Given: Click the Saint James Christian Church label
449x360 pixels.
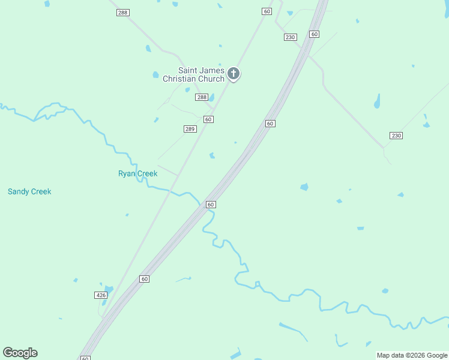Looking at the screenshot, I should [x=193, y=74].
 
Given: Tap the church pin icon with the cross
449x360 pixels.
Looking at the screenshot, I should [x=234, y=74].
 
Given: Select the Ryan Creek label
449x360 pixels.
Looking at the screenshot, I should [x=137, y=173].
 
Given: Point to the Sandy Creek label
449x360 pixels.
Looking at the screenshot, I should [x=29, y=191].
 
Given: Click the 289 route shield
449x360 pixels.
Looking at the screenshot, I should [x=190, y=129].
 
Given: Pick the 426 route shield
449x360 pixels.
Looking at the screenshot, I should [x=101, y=295].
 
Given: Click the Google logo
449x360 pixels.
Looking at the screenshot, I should [x=20, y=352].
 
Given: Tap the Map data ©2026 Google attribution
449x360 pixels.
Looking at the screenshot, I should [x=412, y=355].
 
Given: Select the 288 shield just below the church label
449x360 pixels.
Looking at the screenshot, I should [x=202, y=97].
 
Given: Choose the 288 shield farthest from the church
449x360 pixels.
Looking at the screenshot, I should [x=123, y=12].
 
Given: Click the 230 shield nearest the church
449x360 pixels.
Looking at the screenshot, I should [x=291, y=37].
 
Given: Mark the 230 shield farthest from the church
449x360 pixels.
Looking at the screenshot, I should [x=396, y=136].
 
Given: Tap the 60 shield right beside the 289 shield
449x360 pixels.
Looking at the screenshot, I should [x=208, y=119].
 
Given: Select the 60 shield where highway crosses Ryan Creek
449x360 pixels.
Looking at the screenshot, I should [x=211, y=205].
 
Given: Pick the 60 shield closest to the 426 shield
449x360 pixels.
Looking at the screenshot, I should [x=145, y=279].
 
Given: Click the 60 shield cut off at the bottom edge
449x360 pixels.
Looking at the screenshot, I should [x=85, y=358].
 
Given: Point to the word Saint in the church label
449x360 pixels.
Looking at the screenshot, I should [x=188, y=70].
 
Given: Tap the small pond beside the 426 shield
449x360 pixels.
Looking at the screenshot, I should [x=108, y=289].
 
